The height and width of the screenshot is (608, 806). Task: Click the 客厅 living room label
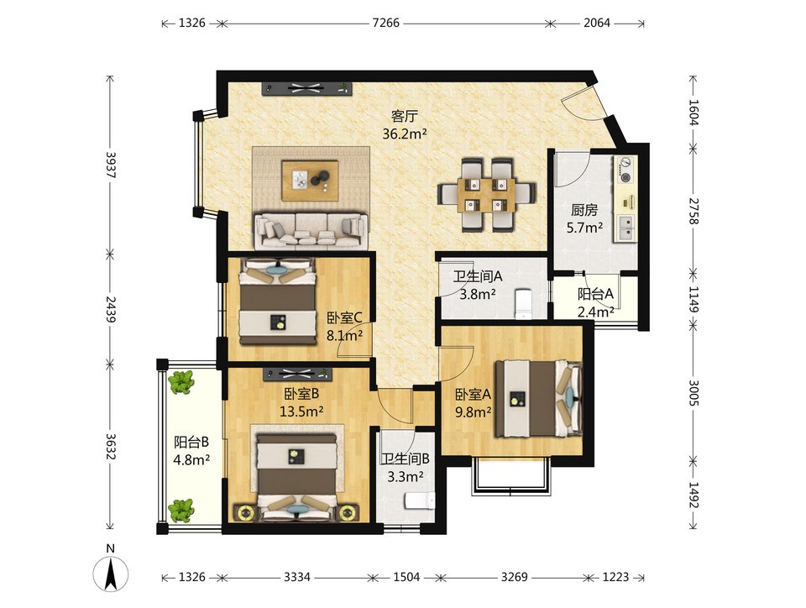[x=405, y=116]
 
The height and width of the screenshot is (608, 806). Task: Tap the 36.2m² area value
[x=405, y=134]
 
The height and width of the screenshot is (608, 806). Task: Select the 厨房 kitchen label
[x=584, y=210]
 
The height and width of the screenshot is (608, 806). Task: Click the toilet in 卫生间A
[x=523, y=304]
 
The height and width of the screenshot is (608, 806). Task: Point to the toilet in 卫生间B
[x=420, y=501]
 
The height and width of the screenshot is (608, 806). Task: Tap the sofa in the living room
[x=311, y=231]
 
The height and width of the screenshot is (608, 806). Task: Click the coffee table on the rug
[x=310, y=181]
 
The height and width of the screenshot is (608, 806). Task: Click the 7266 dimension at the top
[x=385, y=23]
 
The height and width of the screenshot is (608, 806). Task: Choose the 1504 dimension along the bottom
[x=406, y=577]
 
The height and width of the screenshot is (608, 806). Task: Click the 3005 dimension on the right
[x=694, y=392]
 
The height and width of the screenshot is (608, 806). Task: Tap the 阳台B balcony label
[x=191, y=442]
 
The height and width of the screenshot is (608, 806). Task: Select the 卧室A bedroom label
[x=473, y=394]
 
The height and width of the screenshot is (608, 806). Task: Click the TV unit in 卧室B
[x=297, y=375]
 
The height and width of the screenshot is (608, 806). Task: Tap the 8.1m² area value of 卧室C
[x=344, y=336]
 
